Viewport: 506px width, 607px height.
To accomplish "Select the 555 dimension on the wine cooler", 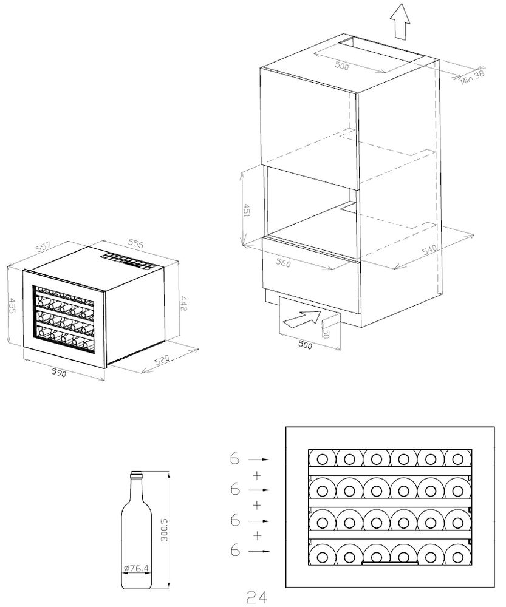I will (135, 244).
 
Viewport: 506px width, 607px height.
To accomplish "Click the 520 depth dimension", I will (162, 361).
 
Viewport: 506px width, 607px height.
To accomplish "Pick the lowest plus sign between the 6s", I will (258, 535).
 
